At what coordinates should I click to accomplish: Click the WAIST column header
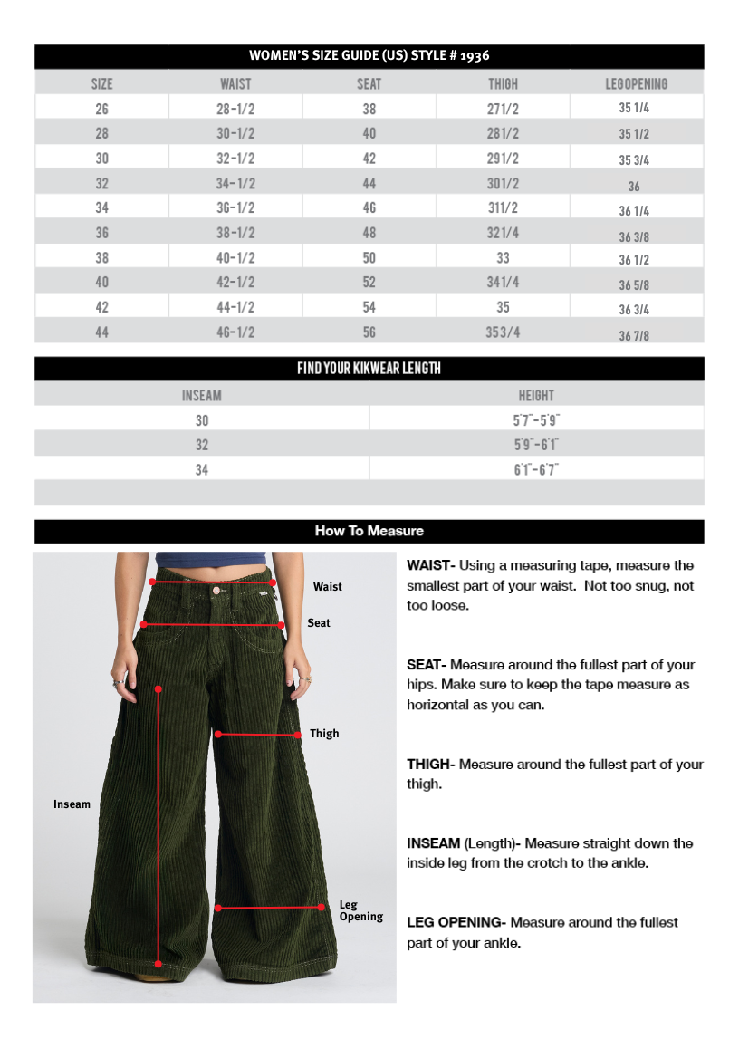coord(235,84)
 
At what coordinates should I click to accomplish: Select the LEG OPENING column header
coord(636,84)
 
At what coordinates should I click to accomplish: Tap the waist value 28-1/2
coord(235,109)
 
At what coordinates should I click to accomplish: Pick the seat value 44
coord(369,183)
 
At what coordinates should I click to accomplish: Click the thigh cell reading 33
coord(503,258)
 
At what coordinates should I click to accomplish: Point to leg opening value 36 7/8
coord(634,335)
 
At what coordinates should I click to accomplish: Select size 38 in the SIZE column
coord(101,258)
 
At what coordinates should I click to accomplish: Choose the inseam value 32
coord(201,445)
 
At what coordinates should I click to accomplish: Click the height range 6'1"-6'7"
coord(536,469)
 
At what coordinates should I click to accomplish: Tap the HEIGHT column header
coord(536,396)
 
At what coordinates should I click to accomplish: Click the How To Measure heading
coord(369,531)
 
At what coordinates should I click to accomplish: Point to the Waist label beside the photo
coord(328,587)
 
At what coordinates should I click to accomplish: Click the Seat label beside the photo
coord(319,623)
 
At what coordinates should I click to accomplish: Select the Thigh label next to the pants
coord(324,734)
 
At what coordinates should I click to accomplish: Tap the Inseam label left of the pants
coord(72,804)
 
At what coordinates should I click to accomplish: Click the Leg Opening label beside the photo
coord(360,910)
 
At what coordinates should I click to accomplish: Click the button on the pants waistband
coord(217,590)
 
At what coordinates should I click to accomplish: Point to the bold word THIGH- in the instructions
coord(430,765)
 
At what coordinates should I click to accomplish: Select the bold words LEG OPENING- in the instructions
coord(456,922)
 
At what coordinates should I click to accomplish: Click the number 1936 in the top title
coord(475,56)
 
